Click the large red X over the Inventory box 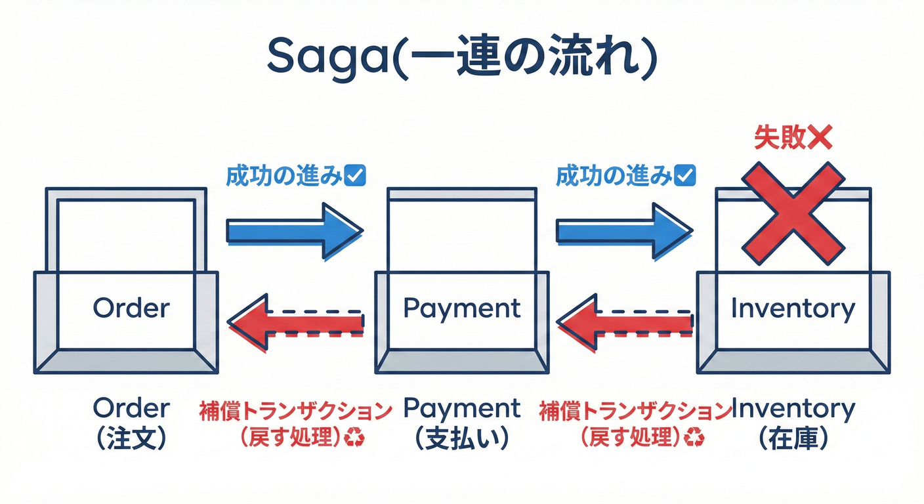click(793, 209)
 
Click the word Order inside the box click(131, 307)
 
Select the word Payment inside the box click(462, 307)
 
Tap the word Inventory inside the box click(793, 308)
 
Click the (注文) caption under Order click(131, 438)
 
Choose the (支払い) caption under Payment click(462, 438)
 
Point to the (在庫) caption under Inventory click(793, 438)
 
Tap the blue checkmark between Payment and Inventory click(685, 176)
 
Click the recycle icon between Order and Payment click(356, 437)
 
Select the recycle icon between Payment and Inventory click(694, 437)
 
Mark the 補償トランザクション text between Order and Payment click(295, 411)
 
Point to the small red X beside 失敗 click(820, 138)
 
